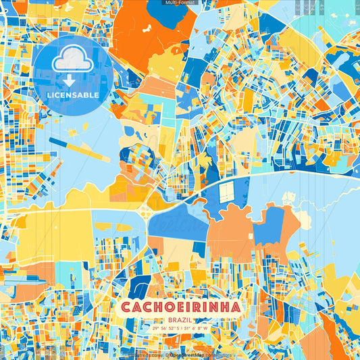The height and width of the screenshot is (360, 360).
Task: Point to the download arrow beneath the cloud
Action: click(70, 80)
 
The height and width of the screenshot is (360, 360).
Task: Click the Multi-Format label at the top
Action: click(180, 3)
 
